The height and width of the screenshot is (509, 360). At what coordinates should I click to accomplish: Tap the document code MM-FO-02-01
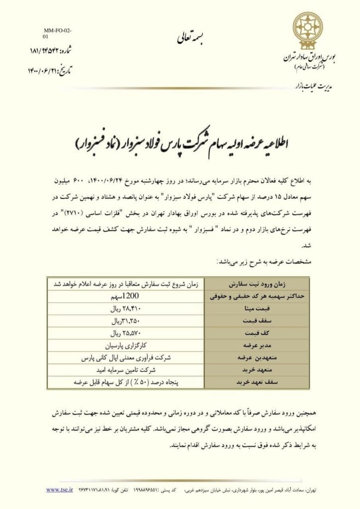coord(57,34)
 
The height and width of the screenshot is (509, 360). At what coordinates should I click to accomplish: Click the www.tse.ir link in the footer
coord(56,489)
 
